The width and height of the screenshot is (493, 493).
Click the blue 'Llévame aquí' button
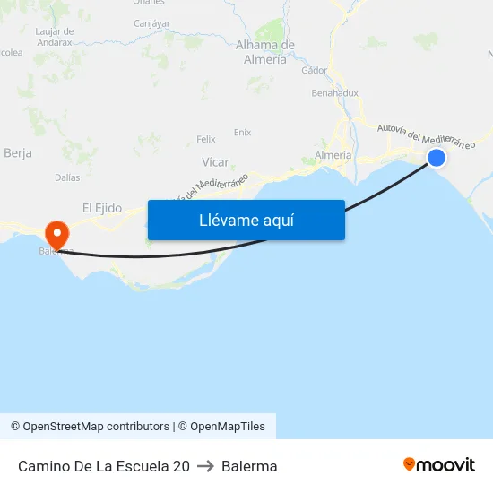246,220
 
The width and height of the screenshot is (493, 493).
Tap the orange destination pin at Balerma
56,236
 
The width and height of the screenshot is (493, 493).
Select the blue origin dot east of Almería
437,158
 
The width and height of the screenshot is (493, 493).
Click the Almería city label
333,155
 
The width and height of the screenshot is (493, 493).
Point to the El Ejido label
101,207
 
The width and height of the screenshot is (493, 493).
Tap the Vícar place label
215,162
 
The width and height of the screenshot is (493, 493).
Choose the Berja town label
18,153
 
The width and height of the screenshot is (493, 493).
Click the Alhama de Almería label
265,52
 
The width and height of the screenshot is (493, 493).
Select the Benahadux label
334,92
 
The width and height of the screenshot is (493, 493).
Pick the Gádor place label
315,70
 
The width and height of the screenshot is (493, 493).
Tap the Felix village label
206,139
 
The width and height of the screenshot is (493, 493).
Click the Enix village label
242,132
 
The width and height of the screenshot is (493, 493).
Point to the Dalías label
67,177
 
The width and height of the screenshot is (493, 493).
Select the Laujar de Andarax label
54,36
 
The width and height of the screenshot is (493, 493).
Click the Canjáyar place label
151,23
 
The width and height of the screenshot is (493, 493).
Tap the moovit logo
439,464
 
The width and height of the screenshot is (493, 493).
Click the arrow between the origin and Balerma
205,466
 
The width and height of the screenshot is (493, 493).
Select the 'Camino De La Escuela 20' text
104,466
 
